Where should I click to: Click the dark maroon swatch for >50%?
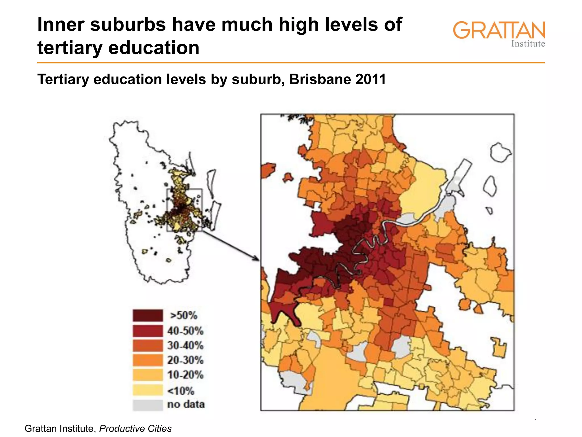point(147,316)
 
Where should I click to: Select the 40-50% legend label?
point(185,331)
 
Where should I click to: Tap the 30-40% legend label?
point(185,345)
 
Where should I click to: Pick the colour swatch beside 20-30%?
point(147,360)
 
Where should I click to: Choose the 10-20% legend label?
point(185,375)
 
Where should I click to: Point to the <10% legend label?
point(181,391)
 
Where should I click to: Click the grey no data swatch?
point(147,405)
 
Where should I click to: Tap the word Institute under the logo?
point(528,44)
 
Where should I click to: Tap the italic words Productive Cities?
point(136,428)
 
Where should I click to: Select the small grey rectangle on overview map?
point(184,210)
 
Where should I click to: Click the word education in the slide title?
point(154,48)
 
